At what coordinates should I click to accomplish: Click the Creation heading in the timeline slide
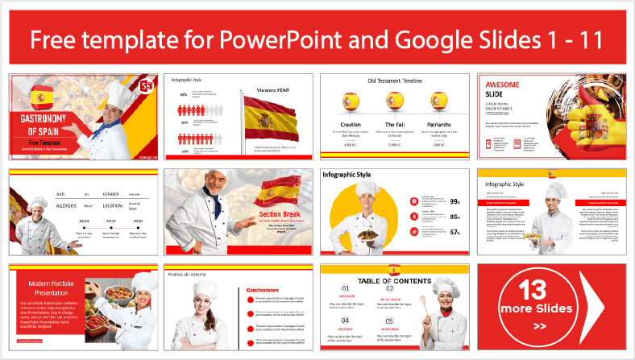351,126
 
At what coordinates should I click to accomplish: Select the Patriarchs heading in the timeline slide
438,126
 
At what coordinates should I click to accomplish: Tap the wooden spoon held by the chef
424,305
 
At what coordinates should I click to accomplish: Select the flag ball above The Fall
395,101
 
